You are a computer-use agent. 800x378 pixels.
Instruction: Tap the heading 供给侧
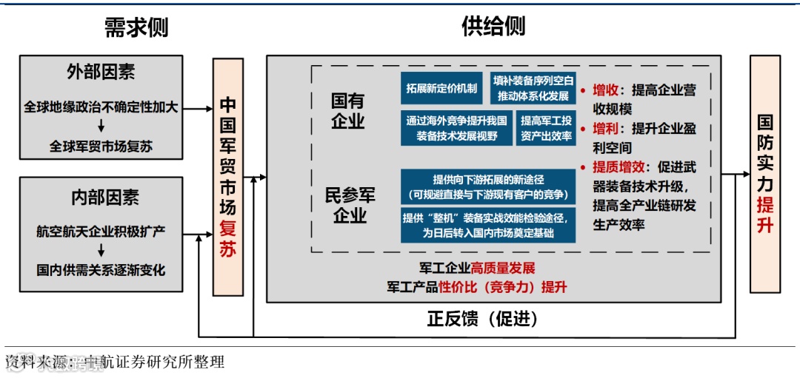(493, 27)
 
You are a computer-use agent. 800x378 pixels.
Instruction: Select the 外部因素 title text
(101, 72)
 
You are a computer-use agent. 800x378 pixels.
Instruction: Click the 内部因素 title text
(101, 197)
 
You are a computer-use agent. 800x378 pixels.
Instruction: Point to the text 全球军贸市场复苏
(101, 146)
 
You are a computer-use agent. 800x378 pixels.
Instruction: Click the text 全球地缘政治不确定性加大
(101, 108)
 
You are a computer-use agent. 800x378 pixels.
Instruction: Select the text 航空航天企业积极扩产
(101, 232)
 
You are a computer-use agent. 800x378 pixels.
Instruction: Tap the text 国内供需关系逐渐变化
(101, 269)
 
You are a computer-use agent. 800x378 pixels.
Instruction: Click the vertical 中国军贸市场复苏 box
(228, 177)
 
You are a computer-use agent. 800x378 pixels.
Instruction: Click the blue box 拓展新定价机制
(442, 88)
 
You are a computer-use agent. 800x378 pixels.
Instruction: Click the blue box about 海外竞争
(456, 128)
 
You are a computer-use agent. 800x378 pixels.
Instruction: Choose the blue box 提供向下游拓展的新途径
(488, 187)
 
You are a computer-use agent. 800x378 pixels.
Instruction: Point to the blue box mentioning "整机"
(488, 225)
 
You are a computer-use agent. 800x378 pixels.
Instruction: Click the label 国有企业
(347, 111)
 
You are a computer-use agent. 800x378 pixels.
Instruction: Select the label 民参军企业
(350, 205)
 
